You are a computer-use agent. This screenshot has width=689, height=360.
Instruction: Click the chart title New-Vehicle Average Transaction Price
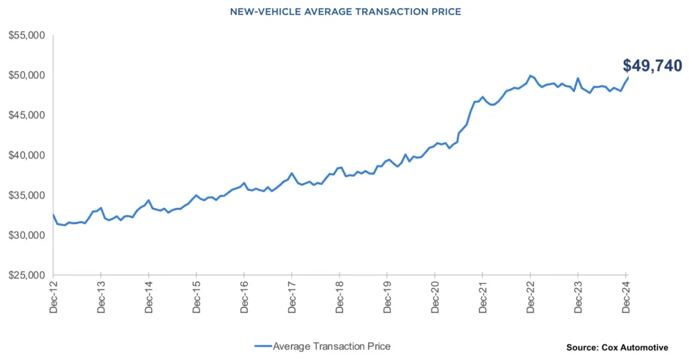pos(345,11)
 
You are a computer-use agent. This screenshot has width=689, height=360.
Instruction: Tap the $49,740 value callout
pos(652,65)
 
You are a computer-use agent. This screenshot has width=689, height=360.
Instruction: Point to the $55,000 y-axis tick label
pos(26,35)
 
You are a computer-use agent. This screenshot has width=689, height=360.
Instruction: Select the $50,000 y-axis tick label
pos(26,75)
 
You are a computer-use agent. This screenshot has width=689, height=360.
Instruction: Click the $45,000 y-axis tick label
pos(26,115)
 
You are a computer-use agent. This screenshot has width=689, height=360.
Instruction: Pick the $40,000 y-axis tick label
pos(26,155)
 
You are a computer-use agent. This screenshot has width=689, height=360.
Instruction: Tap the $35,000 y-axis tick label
pos(26,196)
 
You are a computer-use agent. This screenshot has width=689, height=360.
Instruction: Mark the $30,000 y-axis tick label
pos(26,236)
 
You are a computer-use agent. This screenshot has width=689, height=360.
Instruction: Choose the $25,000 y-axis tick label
pos(26,276)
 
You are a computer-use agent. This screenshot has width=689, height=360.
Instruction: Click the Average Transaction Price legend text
pos(332,346)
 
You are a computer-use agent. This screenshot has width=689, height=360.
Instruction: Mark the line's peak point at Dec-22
pos(531,75)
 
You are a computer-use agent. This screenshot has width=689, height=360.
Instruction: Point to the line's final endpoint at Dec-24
pos(628,77)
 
